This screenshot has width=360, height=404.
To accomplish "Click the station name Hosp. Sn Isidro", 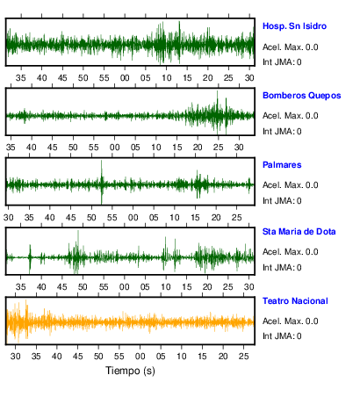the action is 294,26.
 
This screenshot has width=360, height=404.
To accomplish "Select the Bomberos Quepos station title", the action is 302,96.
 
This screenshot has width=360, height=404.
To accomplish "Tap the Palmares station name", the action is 282,165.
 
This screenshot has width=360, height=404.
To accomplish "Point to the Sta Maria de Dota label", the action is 299,232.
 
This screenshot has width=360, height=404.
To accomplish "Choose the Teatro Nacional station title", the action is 295,301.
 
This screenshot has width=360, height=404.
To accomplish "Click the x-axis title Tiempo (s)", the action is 130,371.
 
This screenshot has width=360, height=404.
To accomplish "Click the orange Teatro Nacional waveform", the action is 130,322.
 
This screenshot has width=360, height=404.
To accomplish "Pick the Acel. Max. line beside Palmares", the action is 290,185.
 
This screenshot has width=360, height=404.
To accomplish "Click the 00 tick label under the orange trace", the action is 140,357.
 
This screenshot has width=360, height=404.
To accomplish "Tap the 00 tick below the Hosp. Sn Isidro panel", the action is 125,78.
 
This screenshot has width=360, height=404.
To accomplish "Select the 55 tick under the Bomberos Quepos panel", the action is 94,148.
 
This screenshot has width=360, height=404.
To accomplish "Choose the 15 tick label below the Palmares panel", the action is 195,218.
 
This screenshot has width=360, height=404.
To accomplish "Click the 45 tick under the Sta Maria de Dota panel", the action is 62,287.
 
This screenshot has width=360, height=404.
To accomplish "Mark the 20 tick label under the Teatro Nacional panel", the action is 223,357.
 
